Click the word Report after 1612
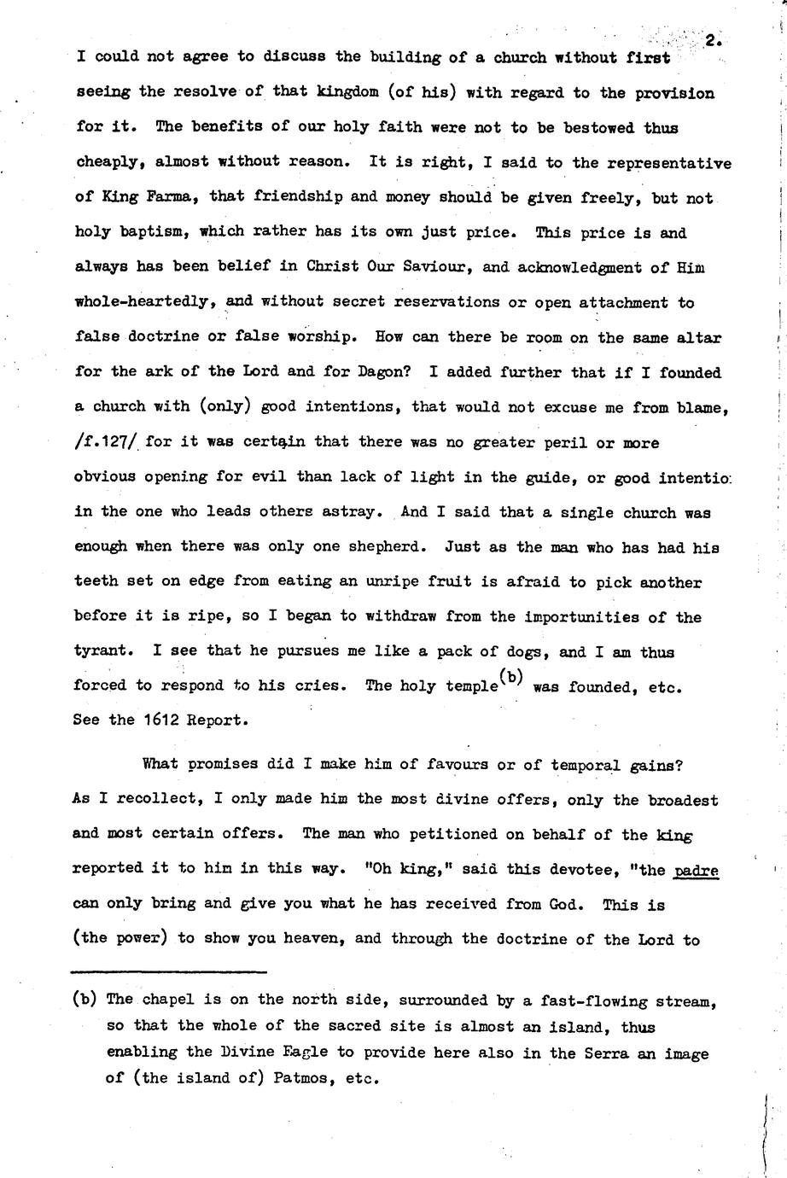[x=217, y=719]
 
